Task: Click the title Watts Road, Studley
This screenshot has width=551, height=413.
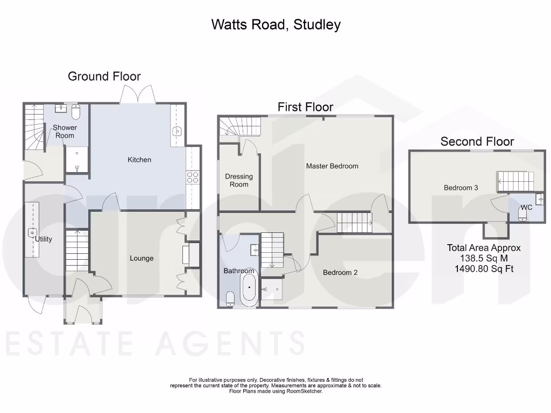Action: click(x=275, y=24)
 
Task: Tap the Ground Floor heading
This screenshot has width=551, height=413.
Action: click(x=104, y=76)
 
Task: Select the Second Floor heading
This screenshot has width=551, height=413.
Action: click(x=477, y=142)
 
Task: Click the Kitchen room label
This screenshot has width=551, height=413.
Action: click(x=139, y=160)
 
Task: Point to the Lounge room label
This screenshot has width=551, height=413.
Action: click(x=142, y=258)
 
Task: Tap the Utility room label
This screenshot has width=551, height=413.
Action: click(x=44, y=239)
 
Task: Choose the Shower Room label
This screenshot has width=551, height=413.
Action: click(x=65, y=132)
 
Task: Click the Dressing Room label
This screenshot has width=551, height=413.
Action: click(x=239, y=180)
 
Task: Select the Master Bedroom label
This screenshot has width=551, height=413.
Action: click(x=332, y=166)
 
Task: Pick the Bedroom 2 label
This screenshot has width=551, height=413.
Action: click(x=340, y=273)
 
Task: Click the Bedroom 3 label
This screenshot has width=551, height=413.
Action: click(x=461, y=188)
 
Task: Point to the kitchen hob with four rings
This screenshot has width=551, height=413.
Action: click(x=193, y=177)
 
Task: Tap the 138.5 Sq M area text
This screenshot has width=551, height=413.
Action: click(x=484, y=258)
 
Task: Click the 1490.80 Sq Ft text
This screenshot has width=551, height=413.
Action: click(x=484, y=268)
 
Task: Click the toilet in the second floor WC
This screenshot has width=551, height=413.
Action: click(x=522, y=217)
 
